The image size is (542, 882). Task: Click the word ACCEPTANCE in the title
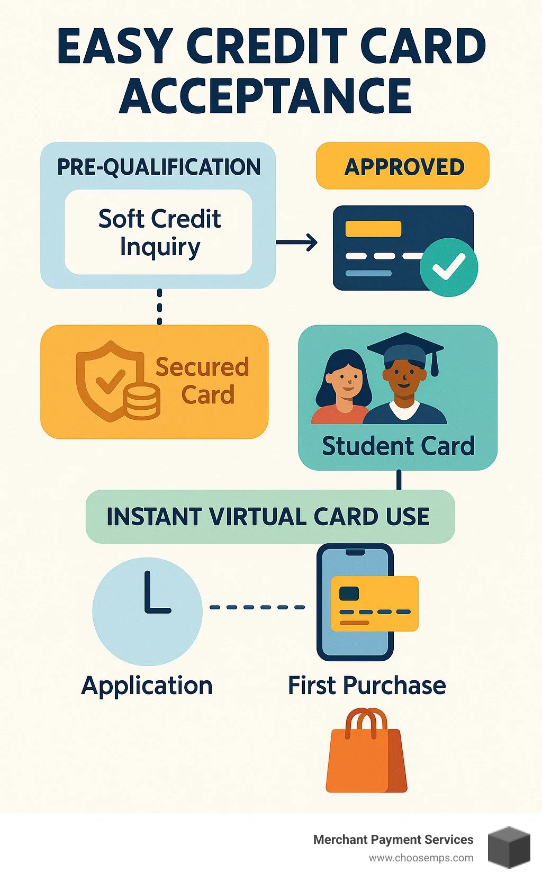click(266, 96)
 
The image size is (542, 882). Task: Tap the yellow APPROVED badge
click(403, 166)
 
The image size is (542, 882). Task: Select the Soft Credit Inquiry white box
click(159, 232)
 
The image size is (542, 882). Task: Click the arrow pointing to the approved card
click(297, 243)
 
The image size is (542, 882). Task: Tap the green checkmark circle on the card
click(448, 267)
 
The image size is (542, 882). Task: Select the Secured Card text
click(203, 381)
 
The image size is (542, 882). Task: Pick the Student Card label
click(398, 446)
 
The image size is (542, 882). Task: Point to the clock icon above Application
click(148, 611)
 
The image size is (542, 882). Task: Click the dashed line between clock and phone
click(258, 607)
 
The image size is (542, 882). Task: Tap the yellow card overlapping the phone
click(374, 604)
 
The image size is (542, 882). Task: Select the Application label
click(147, 686)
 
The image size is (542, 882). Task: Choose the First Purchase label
click(367, 685)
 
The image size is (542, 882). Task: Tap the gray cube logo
click(509, 847)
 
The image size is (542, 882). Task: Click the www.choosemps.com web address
click(421, 858)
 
